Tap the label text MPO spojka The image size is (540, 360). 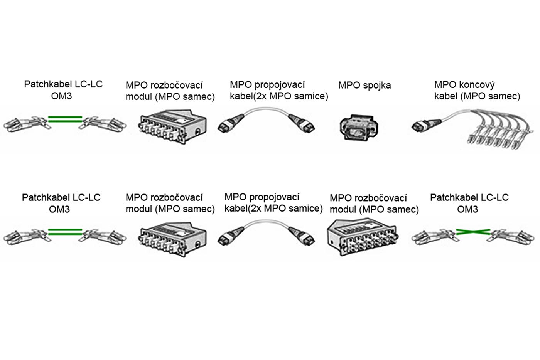(x=364, y=85)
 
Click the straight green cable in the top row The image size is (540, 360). (x=65, y=119)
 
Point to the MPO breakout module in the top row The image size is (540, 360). (x=172, y=126)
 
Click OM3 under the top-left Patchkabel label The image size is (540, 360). (x=61, y=96)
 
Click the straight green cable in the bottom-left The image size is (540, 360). (x=65, y=232)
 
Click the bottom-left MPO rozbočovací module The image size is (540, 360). (x=172, y=239)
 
